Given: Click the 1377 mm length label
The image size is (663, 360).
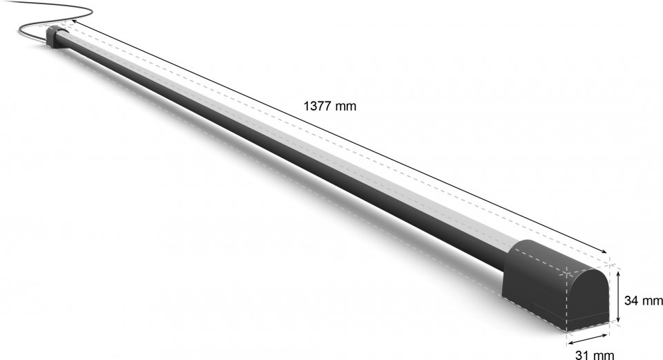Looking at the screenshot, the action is pos(330,106).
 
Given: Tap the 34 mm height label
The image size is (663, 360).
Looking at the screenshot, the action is pos(644,301).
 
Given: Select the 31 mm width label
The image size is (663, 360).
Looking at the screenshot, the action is pos(595,354).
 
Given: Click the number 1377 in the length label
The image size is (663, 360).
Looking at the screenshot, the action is pos(318,106).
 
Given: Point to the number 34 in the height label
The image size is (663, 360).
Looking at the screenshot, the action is pos(631,301).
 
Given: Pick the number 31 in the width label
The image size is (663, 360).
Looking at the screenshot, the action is pos(582,354).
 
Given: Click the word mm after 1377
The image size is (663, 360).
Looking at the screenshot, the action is pos(346,106).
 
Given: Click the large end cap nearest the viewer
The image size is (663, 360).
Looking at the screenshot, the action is pos(556,285).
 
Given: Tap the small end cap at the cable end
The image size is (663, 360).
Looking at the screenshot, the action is pos(56,37).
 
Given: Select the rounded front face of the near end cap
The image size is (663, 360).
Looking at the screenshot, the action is pos(588,299).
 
